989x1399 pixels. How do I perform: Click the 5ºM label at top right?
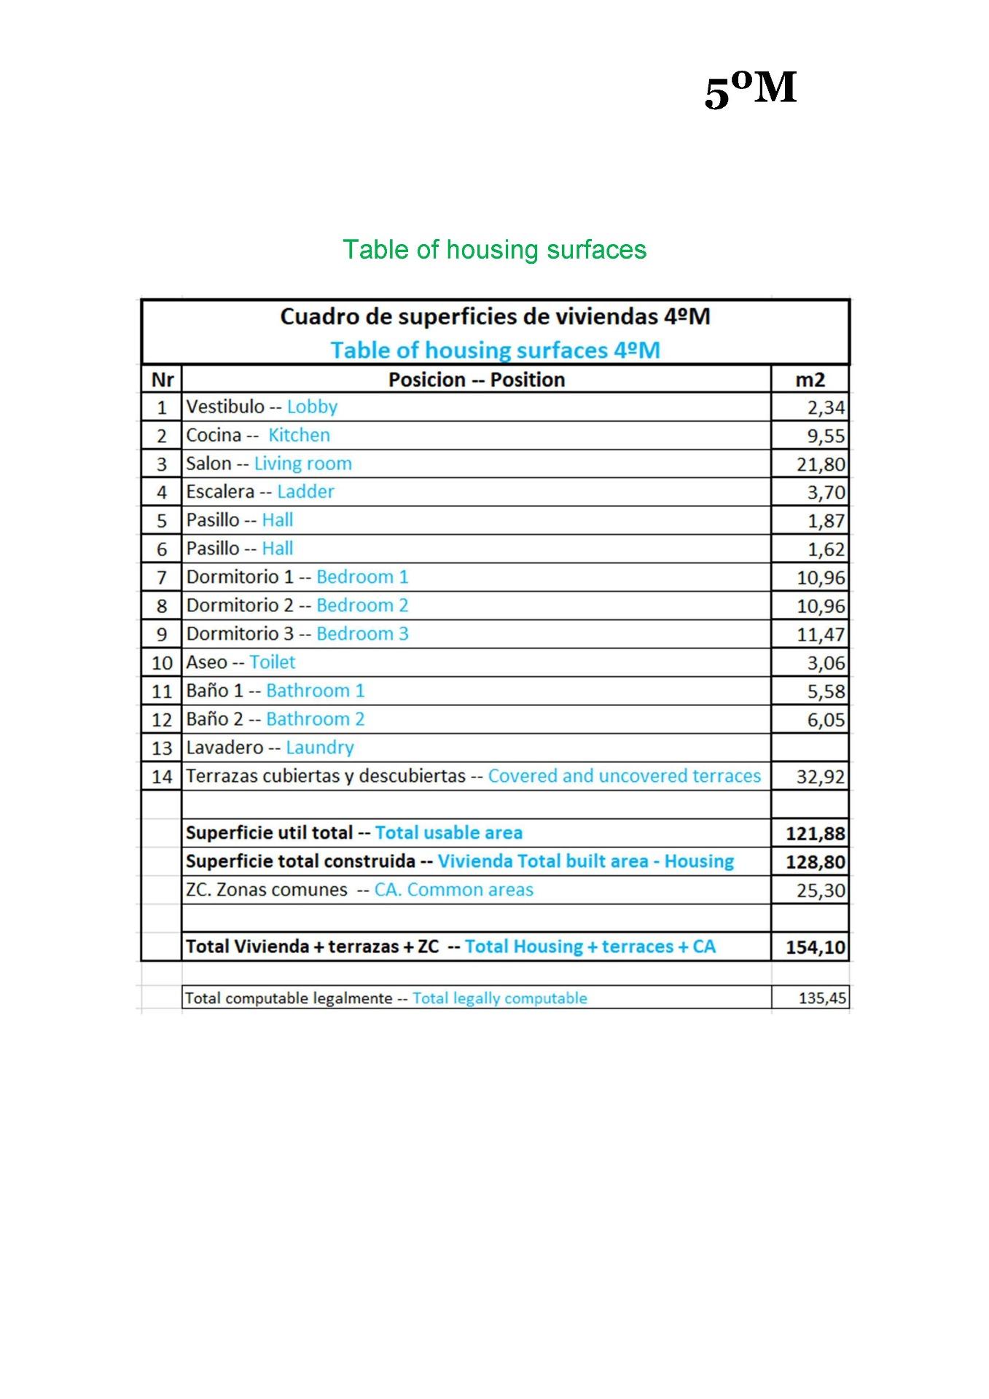pyautogui.click(x=750, y=90)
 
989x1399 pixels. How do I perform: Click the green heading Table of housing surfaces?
pyautogui.click(x=494, y=250)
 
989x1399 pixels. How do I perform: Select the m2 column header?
pyautogui.click(x=810, y=380)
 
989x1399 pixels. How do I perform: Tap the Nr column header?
pyautogui.click(x=163, y=380)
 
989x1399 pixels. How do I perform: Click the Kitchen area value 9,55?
pyautogui.click(x=825, y=436)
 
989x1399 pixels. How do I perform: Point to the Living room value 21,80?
pyautogui.click(x=821, y=465)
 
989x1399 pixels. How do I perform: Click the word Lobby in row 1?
pyautogui.click(x=312, y=407)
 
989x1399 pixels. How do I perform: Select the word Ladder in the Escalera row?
pyautogui.click(x=305, y=492)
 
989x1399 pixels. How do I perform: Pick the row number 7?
pyautogui.click(x=162, y=578)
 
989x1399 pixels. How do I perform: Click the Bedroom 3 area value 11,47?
pyautogui.click(x=821, y=635)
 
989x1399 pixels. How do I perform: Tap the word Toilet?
pyautogui.click(x=273, y=662)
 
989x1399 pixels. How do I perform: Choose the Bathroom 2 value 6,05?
pyautogui.click(x=825, y=720)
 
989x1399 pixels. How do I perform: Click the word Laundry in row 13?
pyautogui.click(x=319, y=748)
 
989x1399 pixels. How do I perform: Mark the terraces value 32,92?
pyautogui.click(x=821, y=777)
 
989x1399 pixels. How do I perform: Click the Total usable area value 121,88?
pyautogui.click(x=816, y=834)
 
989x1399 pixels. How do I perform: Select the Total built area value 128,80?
pyautogui.click(x=816, y=862)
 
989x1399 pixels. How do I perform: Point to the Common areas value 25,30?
pyautogui.click(x=821, y=890)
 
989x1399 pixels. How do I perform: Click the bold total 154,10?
pyautogui.click(x=816, y=947)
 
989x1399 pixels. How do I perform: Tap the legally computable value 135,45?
pyautogui.click(x=822, y=998)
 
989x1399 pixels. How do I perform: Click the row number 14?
pyautogui.click(x=162, y=777)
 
